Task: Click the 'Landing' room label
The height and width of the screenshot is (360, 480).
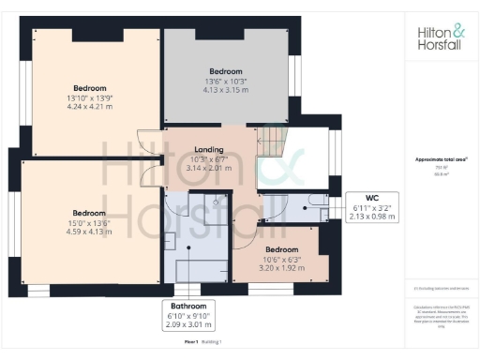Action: point(208,149)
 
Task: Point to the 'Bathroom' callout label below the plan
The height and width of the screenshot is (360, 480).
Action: point(189,307)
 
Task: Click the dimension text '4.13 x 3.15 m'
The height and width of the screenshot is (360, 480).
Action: point(225,90)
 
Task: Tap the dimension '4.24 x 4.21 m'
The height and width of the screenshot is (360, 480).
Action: point(90,107)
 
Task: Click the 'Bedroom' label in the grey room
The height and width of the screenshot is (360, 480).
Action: point(225,71)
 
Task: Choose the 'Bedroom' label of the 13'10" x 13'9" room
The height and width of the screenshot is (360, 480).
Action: point(90,88)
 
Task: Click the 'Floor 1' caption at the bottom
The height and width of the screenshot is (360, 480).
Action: point(191,344)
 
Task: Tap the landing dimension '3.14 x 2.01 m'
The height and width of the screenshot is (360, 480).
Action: point(208,168)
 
